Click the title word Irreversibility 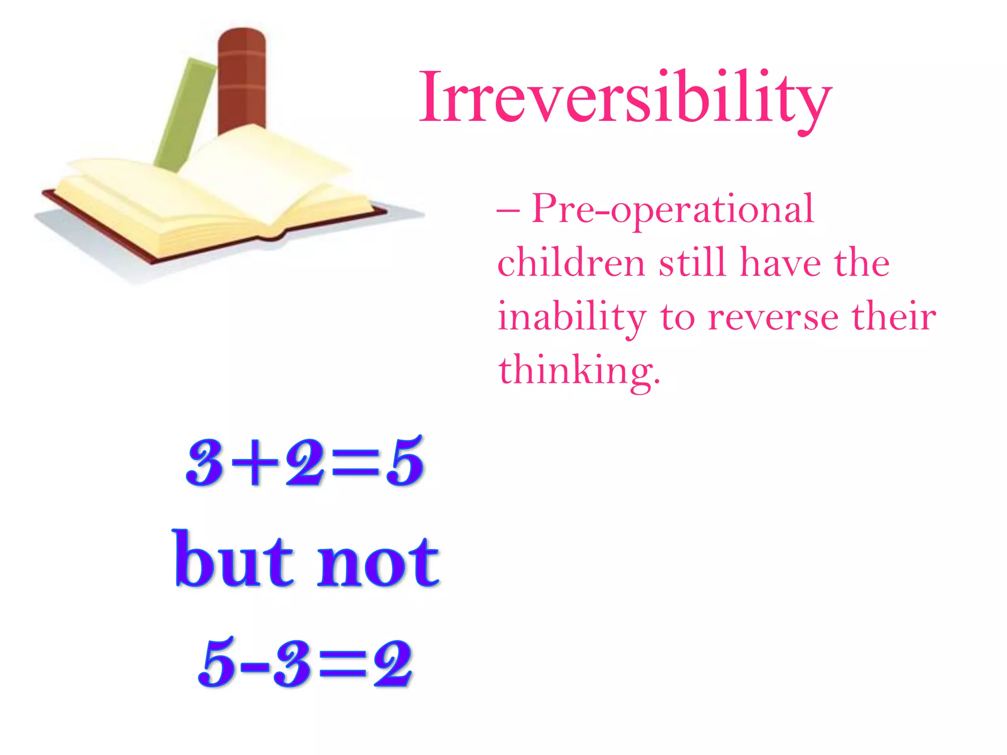(x=624, y=98)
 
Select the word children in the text (x=570, y=263)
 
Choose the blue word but (x=234, y=560)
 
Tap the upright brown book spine (x=241, y=79)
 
